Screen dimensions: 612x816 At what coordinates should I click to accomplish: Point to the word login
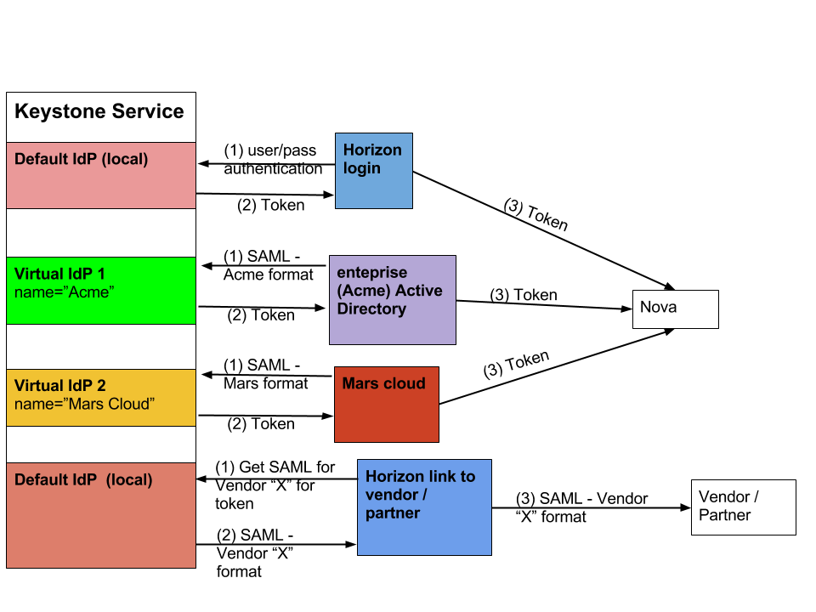[362, 168]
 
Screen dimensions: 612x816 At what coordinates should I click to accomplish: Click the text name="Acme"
[65, 292]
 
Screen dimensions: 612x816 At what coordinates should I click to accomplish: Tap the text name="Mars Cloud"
[85, 404]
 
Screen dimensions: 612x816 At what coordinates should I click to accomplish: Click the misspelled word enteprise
[372, 272]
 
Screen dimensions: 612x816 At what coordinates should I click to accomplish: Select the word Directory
[371, 309]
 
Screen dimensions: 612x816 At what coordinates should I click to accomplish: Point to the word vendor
[392, 495]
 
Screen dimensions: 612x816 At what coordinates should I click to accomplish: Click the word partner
[393, 513]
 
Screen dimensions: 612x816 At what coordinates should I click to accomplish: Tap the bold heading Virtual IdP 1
[59, 274]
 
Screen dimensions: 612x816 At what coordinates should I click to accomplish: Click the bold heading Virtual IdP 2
[59, 385]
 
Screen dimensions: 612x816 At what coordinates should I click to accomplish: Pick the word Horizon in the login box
[372, 150]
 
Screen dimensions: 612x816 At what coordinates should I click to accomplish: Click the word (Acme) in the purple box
[364, 291]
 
